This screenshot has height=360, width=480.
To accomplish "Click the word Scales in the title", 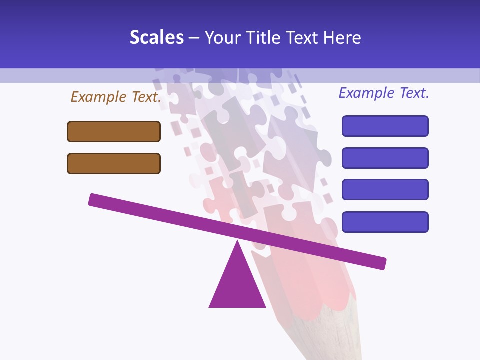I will pyautogui.click(x=156, y=38).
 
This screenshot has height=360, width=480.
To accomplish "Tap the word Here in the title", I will pyautogui.click(x=342, y=38).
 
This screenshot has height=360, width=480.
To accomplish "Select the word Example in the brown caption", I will pyautogui.click(x=99, y=97).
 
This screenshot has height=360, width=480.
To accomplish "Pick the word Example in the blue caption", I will pyautogui.click(x=367, y=93).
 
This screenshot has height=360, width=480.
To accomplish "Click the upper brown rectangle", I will pyautogui.click(x=114, y=131).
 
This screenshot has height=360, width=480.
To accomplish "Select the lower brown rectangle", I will pyautogui.click(x=114, y=163).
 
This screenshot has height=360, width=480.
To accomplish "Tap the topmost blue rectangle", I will pyautogui.click(x=385, y=126).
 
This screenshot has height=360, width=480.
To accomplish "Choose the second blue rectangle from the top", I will pyautogui.click(x=385, y=158).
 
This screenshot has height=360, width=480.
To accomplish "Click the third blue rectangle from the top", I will pyautogui.click(x=385, y=190).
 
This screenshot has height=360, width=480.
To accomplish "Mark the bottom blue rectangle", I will pyautogui.click(x=385, y=222).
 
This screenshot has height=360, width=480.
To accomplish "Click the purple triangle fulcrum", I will pyautogui.click(x=237, y=285).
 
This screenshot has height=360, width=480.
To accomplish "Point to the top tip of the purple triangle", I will pyautogui.click(x=237, y=242).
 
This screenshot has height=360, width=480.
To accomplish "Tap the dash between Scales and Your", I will pyautogui.click(x=194, y=38).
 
